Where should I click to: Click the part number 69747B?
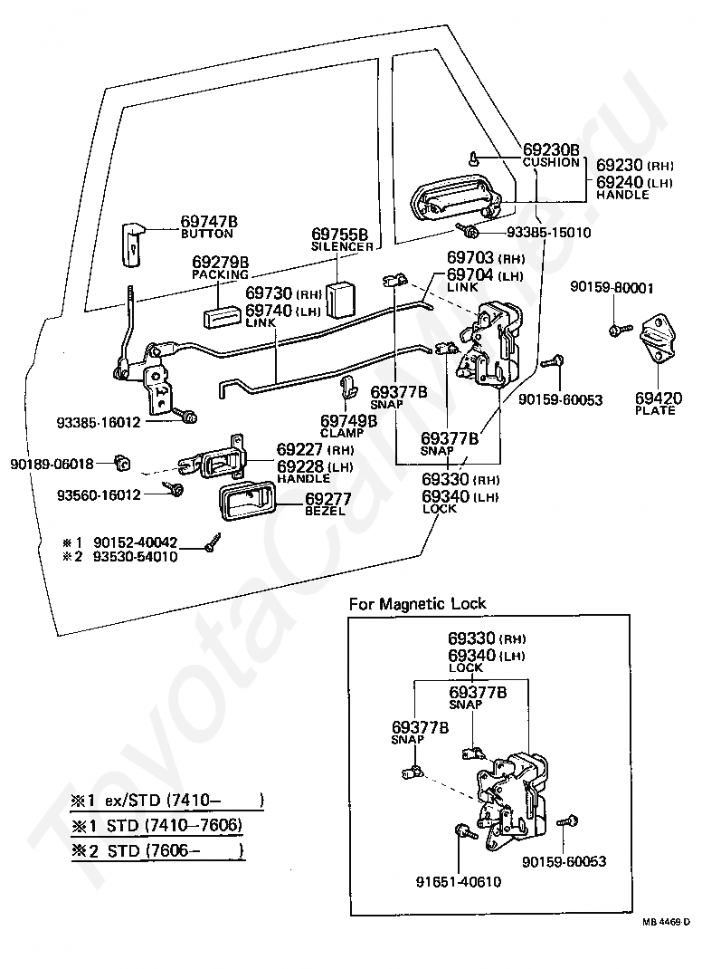209,221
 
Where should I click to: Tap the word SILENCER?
342,246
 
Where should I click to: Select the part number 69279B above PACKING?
221,262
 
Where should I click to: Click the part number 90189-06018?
52,464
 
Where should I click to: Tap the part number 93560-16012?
99,495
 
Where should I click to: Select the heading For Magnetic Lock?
417,604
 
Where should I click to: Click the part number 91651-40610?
459,882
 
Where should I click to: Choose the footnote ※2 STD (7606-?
158,851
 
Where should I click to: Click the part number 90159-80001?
612,288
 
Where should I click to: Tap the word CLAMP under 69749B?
341,433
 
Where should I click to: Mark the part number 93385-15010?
549,233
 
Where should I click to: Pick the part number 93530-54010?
135,557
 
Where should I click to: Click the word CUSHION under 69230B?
551,162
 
